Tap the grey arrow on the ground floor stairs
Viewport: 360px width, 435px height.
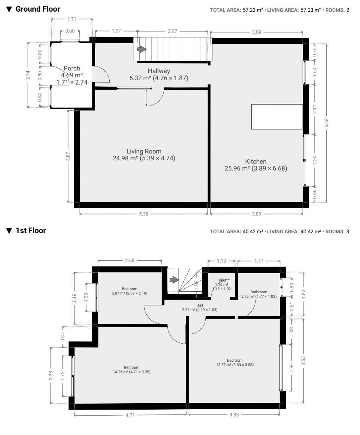(x=142, y=49)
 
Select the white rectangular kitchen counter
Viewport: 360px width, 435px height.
(x=277, y=116)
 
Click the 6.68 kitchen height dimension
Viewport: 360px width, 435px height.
(x=327, y=122)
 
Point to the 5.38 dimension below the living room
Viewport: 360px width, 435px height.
(x=144, y=214)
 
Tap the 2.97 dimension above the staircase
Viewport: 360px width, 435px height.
(x=173, y=31)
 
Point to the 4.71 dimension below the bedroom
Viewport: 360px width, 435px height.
(x=130, y=415)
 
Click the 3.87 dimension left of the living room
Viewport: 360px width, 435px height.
(x=68, y=156)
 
